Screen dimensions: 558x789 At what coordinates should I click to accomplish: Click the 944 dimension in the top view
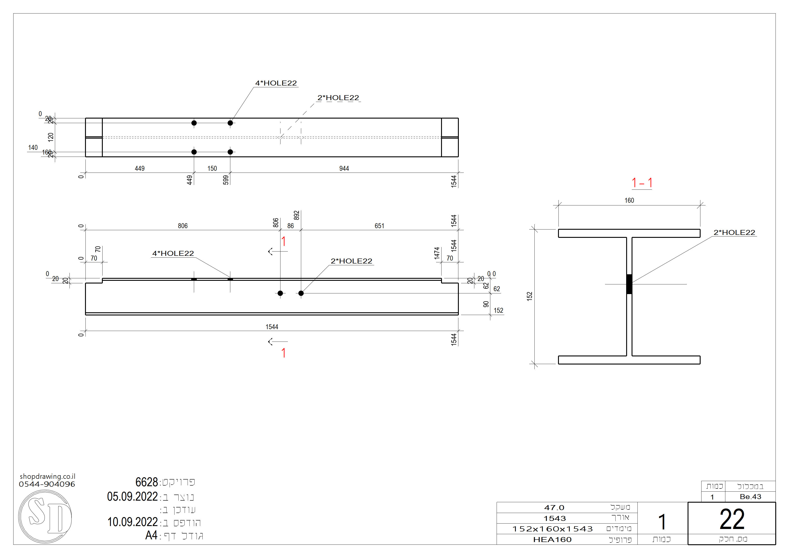pyautogui.click(x=344, y=169)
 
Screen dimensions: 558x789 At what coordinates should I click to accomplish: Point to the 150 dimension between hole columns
pyautogui.click(x=212, y=169)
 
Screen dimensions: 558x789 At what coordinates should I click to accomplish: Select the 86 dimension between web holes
pyautogui.click(x=290, y=226)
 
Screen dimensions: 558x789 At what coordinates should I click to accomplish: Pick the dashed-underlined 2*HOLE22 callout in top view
pyautogui.click(x=338, y=98)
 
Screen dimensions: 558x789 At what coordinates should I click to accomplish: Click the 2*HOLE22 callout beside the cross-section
pyautogui.click(x=734, y=233)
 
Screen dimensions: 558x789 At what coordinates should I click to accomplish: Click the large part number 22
pyautogui.click(x=732, y=520)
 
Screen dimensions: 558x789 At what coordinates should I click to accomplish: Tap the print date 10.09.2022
pyautogui.click(x=132, y=522)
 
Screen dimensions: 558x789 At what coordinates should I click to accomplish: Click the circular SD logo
pyautogui.click(x=45, y=516)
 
